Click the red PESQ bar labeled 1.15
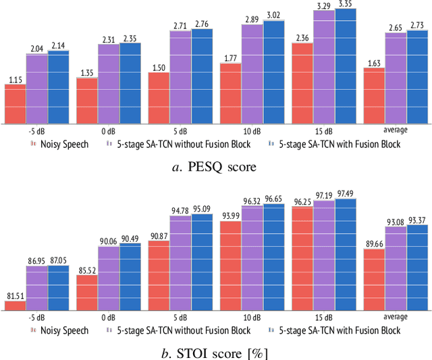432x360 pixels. click(x=15, y=104)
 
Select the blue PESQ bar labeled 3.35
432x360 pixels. click(x=346, y=66)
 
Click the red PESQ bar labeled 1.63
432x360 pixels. click(x=374, y=96)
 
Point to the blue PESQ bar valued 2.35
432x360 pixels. click(x=130, y=84)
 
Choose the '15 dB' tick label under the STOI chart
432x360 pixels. click(x=324, y=317)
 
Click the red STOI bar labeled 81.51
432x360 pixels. click(x=15, y=305)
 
